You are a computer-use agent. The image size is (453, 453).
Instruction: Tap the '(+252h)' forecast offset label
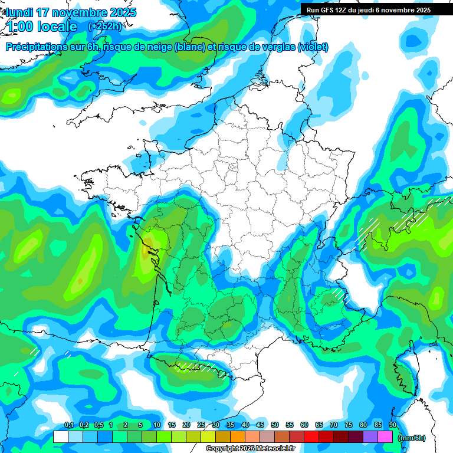(x=104, y=26)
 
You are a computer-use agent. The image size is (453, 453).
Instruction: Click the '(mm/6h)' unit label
(x=411, y=438)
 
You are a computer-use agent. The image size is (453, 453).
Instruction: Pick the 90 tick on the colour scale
(x=393, y=425)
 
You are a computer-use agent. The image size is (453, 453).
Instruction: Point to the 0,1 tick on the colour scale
(x=69, y=425)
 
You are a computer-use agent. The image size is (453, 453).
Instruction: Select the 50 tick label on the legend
(x=275, y=425)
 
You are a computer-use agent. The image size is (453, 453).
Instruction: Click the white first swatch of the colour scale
(x=60, y=437)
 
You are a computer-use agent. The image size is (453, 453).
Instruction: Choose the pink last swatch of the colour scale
(x=385, y=437)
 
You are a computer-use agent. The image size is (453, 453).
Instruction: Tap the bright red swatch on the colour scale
(x=311, y=437)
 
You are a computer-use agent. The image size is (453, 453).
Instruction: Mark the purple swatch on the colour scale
(x=370, y=437)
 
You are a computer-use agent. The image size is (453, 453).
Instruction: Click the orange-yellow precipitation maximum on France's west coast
(x=147, y=249)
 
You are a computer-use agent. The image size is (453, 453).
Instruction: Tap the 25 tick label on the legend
(x=201, y=425)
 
